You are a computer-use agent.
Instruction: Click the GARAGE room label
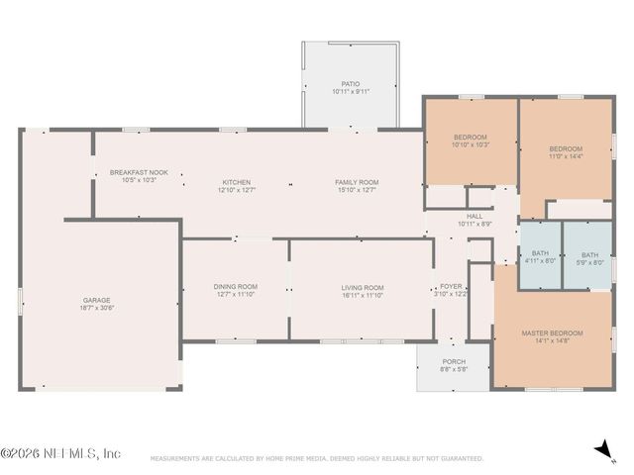(96, 301)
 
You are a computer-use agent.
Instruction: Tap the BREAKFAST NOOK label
(139, 172)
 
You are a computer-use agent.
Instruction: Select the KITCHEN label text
(236, 182)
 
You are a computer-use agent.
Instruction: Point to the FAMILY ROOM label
(356, 182)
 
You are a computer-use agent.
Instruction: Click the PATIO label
(351, 84)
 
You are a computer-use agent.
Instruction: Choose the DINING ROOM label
(236, 287)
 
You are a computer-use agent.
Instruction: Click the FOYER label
(451, 286)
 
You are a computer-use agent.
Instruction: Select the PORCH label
(454, 361)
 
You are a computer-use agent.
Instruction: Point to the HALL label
(475, 217)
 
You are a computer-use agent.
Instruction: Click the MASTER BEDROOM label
(552, 333)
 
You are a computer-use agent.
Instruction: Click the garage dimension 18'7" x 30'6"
(96, 308)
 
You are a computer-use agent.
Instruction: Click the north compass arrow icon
(601, 450)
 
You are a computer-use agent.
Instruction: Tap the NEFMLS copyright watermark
(60, 453)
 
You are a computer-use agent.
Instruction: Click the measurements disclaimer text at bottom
(317, 459)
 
